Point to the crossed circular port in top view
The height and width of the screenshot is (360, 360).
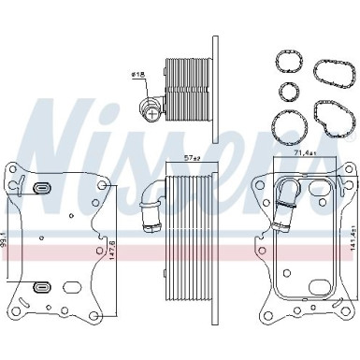coord(148,112)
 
